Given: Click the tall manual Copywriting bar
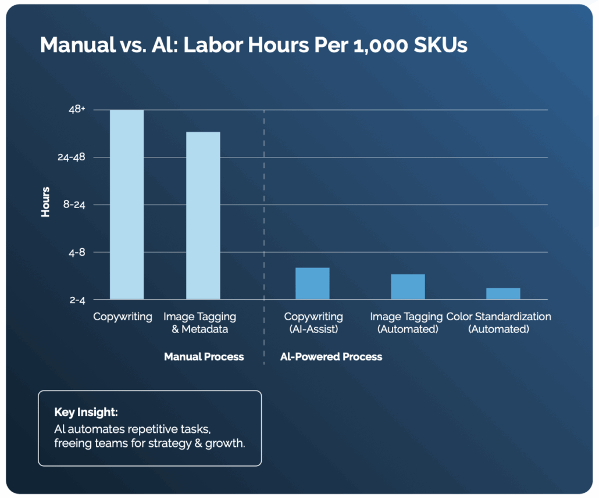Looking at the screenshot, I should click(x=127, y=205).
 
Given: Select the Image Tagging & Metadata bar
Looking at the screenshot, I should click(x=203, y=216).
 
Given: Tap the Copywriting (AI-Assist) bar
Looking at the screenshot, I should click(x=312, y=284).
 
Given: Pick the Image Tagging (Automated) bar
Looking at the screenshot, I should click(x=408, y=286).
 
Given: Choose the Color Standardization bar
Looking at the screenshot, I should click(x=503, y=293).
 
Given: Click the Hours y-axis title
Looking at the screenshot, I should click(x=45, y=202).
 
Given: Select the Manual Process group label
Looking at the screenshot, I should click(x=204, y=357).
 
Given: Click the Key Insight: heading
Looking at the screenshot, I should click(x=86, y=412).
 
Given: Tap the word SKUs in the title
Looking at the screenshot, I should click(x=442, y=45).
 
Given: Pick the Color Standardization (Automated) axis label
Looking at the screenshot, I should click(x=498, y=323).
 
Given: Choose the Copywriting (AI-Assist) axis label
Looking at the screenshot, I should click(x=313, y=323).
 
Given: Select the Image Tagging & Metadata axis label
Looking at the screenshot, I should click(x=199, y=323).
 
